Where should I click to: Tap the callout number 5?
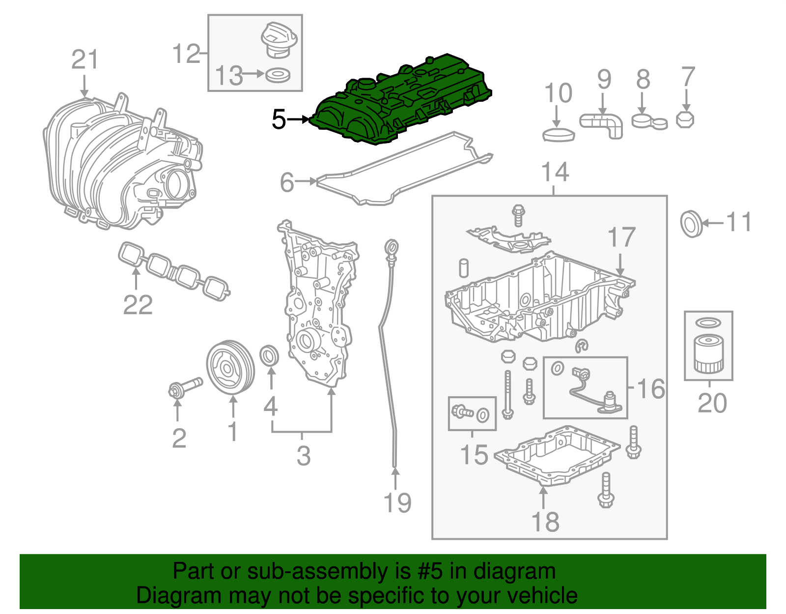[x=279, y=119]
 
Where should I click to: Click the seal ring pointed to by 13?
[x=278, y=76]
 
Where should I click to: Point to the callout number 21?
[x=85, y=60]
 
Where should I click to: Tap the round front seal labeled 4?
[x=269, y=356]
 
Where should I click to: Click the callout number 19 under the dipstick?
[x=397, y=502]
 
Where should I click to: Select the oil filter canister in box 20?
[x=708, y=354]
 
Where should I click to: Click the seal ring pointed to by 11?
[x=691, y=224]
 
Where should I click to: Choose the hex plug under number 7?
[x=685, y=120]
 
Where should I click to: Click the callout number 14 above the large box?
[x=555, y=173]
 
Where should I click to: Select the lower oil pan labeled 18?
[x=555, y=457]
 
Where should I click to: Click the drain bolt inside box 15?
[x=462, y=411]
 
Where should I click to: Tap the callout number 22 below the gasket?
[x=138, y=305]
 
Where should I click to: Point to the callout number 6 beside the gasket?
[x=286, y=182]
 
